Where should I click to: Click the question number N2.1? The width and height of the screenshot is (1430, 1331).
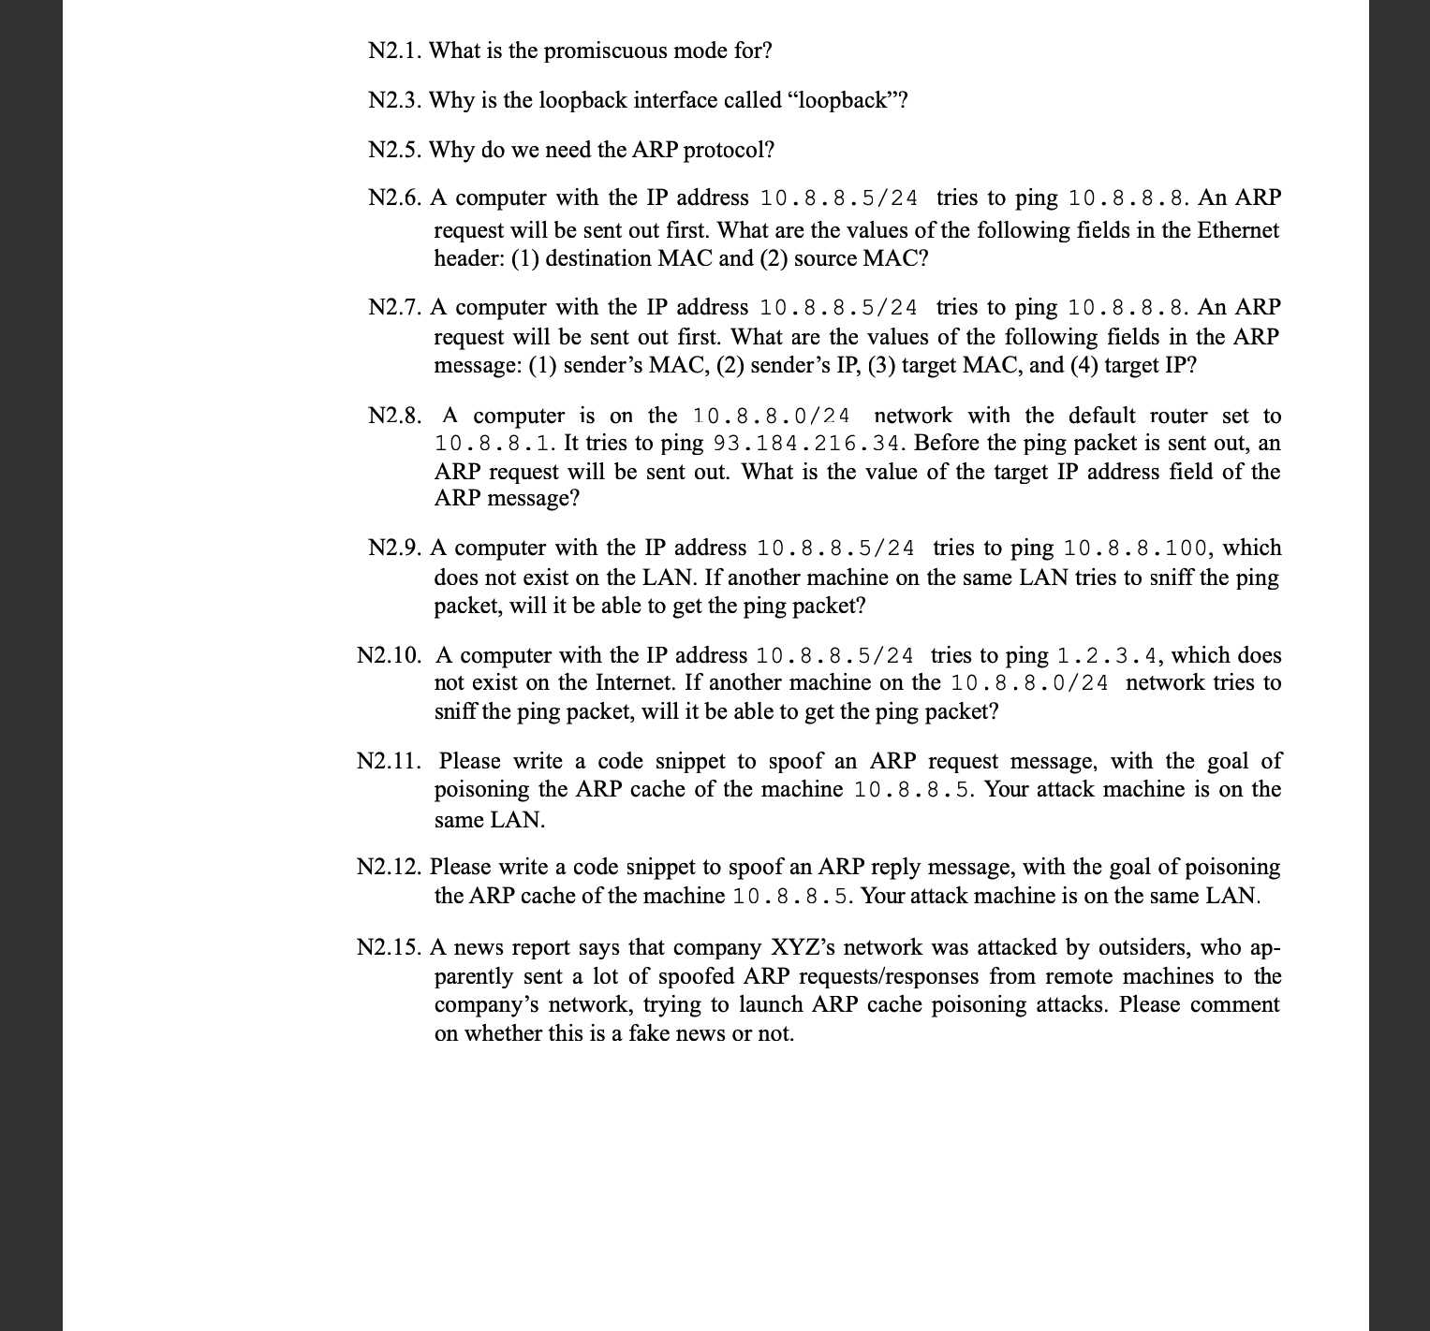click(x=394, y=51)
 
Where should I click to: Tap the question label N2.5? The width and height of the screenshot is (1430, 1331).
click(x=394, y=150)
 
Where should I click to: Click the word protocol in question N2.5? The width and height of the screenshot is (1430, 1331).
click(x=729, y=150)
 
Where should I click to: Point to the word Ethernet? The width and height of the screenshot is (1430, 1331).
click(x=1238, y=230)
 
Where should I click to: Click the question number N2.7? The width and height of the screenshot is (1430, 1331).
click(x=394, y=307)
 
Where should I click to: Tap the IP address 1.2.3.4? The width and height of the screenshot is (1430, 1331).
click(x=1108, y=655)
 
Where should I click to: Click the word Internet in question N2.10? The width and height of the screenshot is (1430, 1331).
click(x=614, y=682)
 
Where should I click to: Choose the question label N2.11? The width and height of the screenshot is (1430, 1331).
click(x=391, y=761)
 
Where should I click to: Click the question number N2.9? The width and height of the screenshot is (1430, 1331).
click(x=394, y=548)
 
